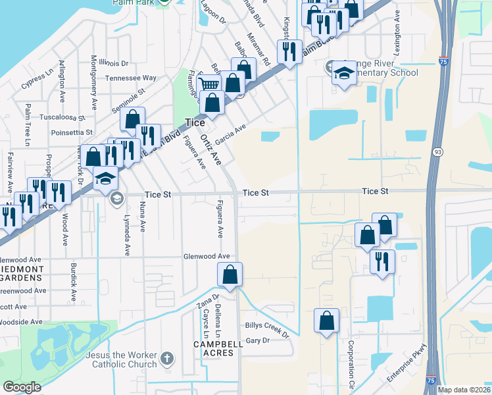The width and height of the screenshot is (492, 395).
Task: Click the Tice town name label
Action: (195, 122)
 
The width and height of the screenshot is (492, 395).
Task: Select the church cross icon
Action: (167, 359)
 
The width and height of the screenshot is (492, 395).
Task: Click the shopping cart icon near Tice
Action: (209, 84)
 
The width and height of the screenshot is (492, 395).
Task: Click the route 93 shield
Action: (437, 152)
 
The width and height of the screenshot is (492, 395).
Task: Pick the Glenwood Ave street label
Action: (207, 256)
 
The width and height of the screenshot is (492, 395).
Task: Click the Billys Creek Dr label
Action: (267, 329)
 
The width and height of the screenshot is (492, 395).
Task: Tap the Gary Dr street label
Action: (257, 340)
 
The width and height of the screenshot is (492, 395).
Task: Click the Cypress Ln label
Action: (37, 81)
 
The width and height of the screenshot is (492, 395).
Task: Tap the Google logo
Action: (22, 387)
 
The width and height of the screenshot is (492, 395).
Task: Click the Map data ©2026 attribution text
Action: (463, 390)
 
